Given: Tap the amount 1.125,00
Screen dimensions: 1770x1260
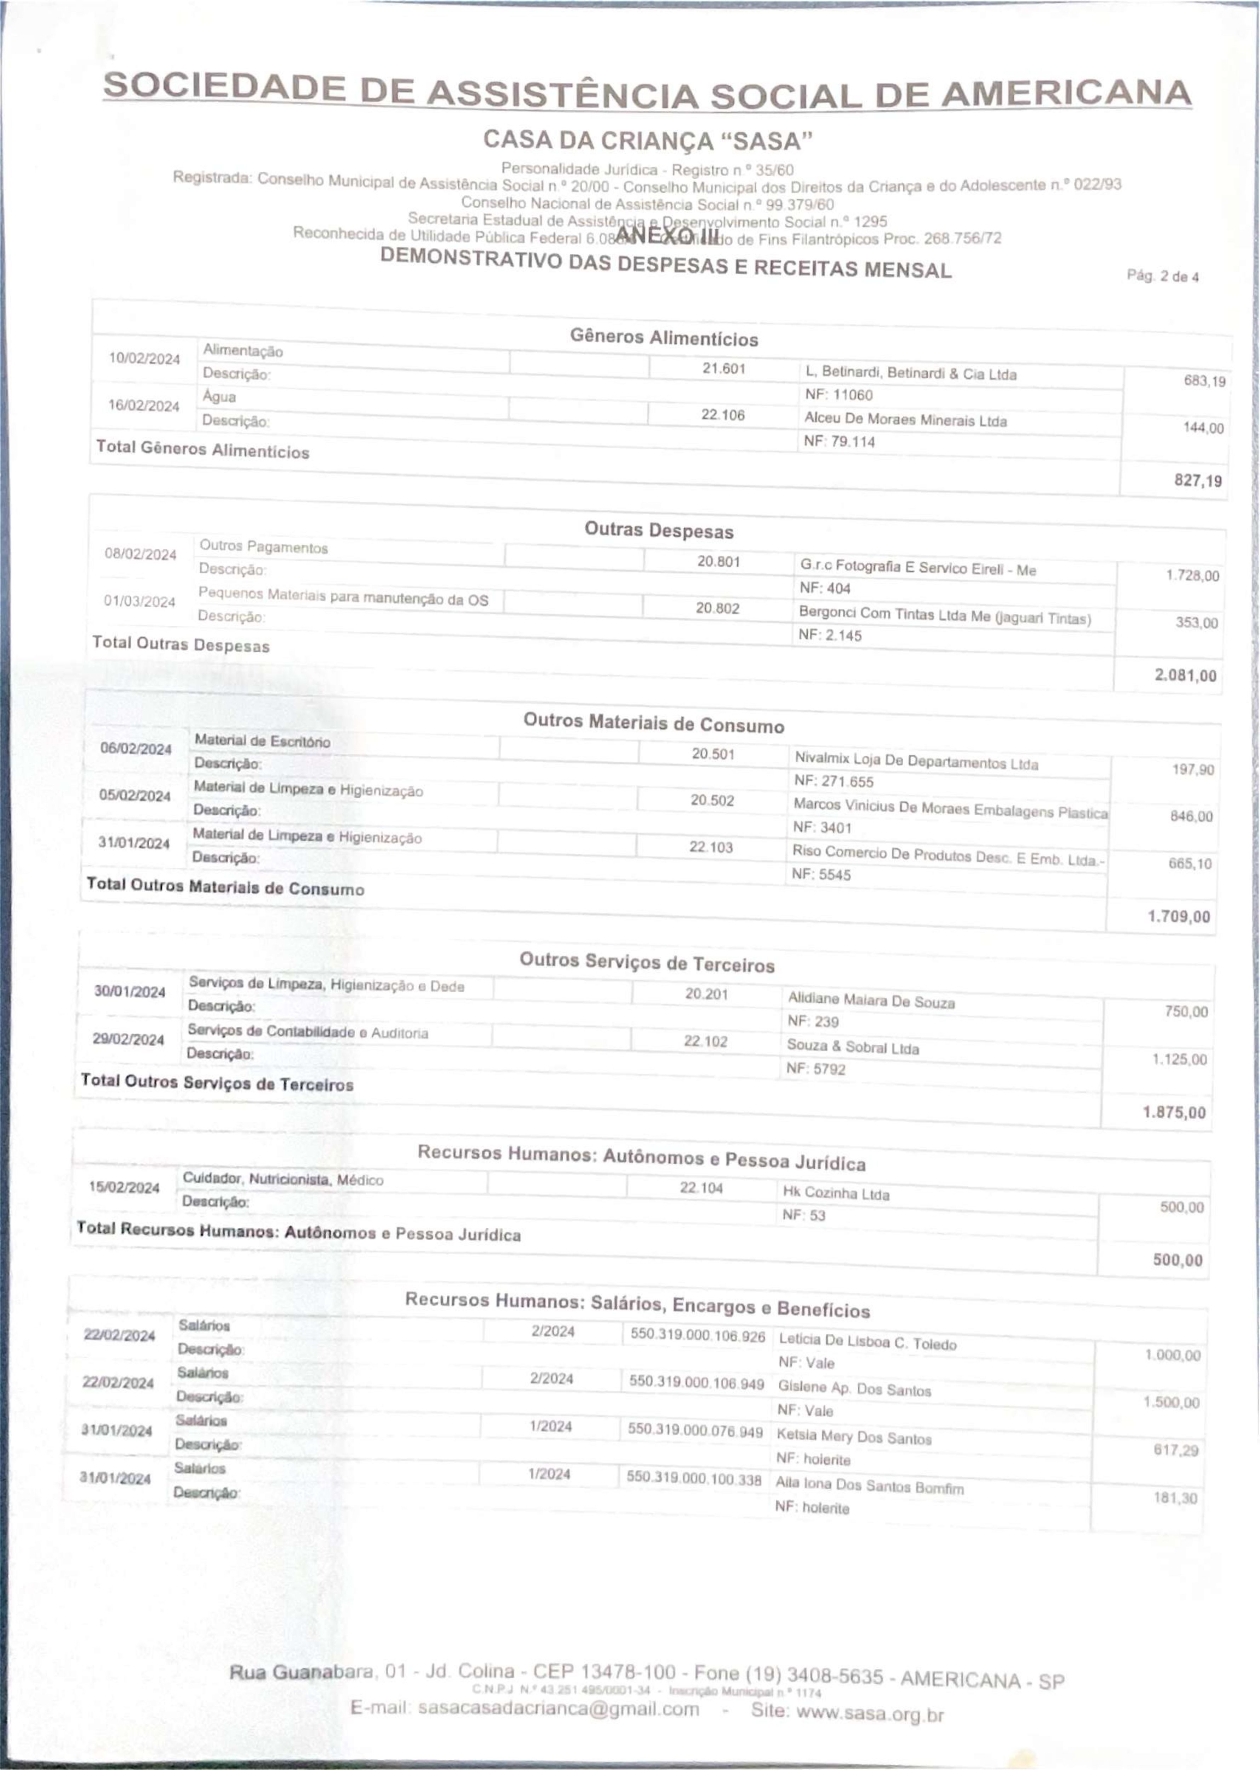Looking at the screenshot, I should click(x=1179, y=1060).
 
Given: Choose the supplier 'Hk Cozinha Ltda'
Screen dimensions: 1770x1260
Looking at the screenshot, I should click(x=836, y=1194).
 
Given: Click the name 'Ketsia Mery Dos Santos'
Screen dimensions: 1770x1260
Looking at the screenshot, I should click(x=853, y=1437).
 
